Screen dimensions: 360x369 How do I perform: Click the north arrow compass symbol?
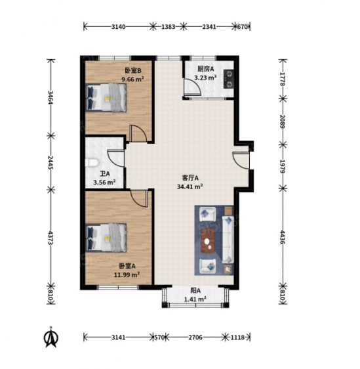(50, 337)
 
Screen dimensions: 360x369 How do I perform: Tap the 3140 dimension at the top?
(118, 27)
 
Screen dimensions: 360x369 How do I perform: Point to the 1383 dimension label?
(169, 27)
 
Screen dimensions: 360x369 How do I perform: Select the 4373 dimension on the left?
(50, 237)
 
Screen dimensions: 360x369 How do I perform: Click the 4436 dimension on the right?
(283, 237)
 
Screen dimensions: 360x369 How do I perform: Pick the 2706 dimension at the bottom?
(195, 337)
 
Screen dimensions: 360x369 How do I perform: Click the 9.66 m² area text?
(132, 79)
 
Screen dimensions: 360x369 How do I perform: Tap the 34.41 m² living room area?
(190, 186)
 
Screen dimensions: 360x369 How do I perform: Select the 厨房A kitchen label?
(206, 69)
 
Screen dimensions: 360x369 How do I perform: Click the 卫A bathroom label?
(105, 174)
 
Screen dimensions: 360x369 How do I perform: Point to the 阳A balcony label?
(195, 291)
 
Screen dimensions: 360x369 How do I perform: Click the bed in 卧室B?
(106, 97)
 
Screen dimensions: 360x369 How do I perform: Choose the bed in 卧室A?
(106, 238)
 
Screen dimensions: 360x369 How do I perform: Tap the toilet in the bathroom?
(91, 163)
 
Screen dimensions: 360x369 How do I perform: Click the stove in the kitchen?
(228, 79)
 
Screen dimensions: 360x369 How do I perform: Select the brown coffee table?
(208, 240)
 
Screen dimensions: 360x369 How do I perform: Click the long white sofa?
(228, 240)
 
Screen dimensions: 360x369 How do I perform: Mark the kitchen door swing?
(192, 87)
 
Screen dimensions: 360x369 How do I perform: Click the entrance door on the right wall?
(241, 160)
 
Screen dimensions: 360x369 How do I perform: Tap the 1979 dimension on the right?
(283, 166)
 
